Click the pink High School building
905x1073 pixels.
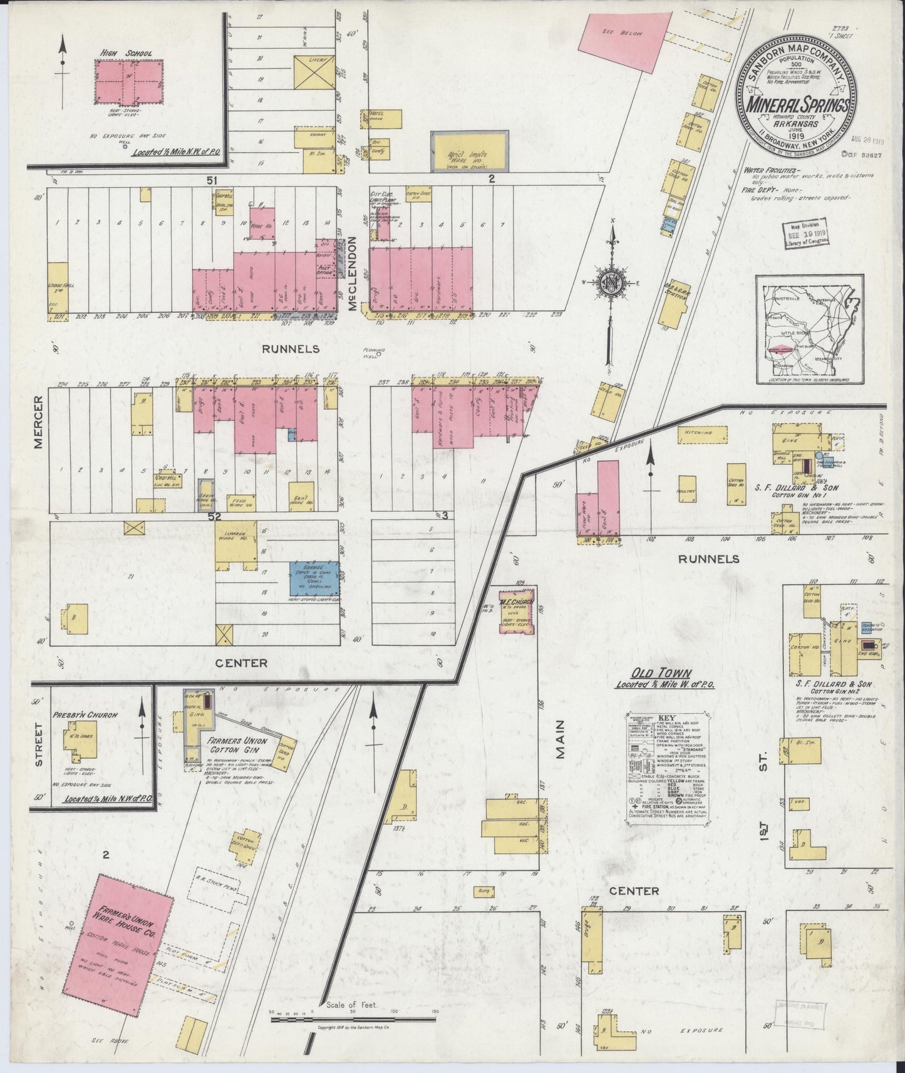point(128,82)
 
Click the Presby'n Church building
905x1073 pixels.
point(80,744)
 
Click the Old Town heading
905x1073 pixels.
point(654,674)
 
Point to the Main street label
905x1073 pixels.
point(559,739)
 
